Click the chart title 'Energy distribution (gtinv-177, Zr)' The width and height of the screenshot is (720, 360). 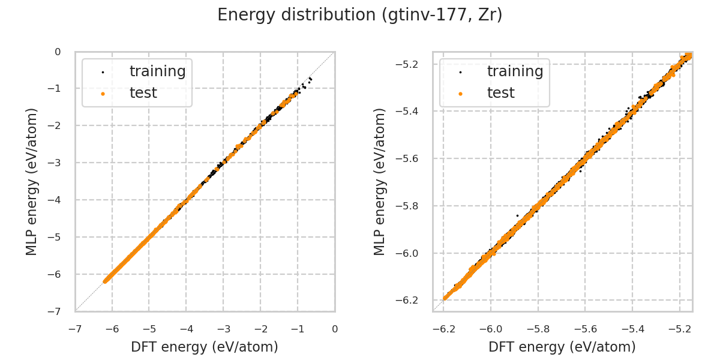click(360, 15)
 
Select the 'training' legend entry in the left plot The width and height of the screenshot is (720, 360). click(157, 71)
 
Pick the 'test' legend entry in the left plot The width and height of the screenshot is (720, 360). click(143, 93)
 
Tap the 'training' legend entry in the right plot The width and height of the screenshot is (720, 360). click(515, 71)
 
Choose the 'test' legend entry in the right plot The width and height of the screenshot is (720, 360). click(500, 93)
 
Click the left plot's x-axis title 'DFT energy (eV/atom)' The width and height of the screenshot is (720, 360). click(205, 347)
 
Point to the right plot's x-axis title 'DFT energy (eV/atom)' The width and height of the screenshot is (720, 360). click(562, 347)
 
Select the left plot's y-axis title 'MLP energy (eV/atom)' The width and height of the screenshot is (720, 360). click(32, 181)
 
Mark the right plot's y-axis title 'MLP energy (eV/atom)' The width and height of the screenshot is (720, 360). click(380, 181)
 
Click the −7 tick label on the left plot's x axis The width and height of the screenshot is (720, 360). click(75, 329)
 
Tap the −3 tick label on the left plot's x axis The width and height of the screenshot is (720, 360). click(223, 329)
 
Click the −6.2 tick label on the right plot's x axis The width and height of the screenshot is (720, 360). click(444, 329)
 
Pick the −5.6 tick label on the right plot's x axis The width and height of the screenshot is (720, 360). click(585, 329)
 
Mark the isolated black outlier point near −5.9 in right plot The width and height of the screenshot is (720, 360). click(517, 215)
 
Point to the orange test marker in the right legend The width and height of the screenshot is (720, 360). click(460, 94)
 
